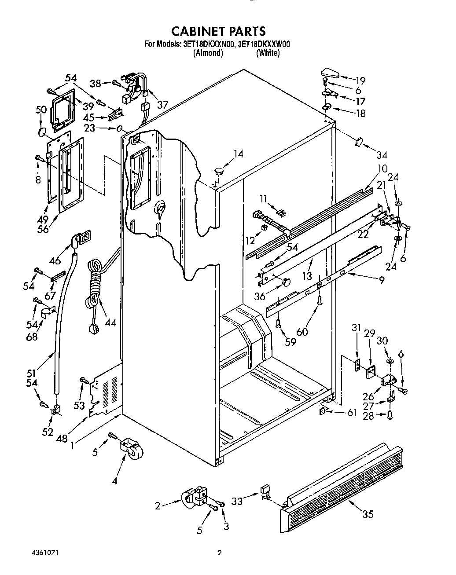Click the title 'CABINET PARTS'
218,31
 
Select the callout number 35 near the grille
368,513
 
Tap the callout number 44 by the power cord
110,322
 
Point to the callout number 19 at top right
360,81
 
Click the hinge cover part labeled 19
328,72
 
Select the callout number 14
238,154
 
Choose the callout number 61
351,412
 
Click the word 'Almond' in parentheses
208,53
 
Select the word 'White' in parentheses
268,53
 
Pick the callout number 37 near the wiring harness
162,104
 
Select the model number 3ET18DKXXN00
207,44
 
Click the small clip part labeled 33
265,491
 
